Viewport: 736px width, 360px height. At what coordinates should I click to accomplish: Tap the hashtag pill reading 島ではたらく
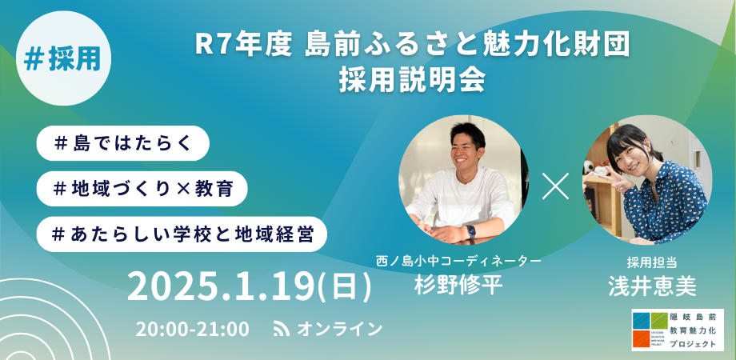122,143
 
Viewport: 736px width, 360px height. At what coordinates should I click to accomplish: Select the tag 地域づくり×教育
142,189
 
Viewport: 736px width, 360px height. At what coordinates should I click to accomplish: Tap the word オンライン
340,329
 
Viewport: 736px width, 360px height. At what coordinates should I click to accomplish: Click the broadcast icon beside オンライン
281,329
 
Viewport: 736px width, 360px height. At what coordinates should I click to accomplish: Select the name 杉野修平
458,284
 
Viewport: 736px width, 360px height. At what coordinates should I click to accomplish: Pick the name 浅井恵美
647,286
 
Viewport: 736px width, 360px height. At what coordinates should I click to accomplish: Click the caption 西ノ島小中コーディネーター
458,261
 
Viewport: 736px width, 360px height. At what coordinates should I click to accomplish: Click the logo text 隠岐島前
694,317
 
